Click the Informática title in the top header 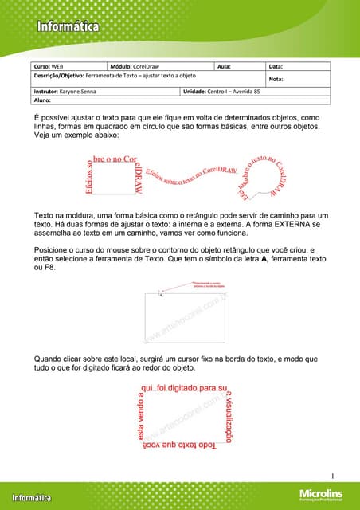(x=67, y=27)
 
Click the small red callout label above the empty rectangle (x=210, y=284)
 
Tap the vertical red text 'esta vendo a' (x=141, y=415)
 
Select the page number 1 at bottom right (x=332, y=476)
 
